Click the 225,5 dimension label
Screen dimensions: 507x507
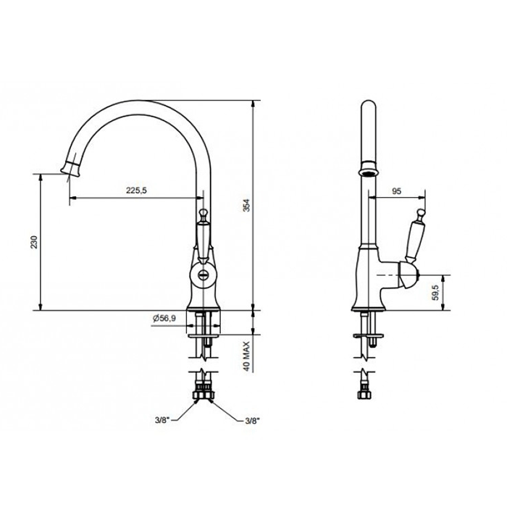click(136, 190)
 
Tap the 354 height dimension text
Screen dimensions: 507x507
click(247, 205)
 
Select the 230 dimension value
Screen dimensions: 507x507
click(34, 242)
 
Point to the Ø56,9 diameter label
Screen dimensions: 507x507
click(164, 318)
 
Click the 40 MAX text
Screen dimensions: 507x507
click(247, 356)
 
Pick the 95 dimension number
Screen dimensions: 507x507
click(396, 191)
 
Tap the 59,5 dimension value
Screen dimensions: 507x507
click(435, 293)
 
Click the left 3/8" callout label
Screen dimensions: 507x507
click(162, 420)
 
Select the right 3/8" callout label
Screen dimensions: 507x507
click(253, 421)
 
